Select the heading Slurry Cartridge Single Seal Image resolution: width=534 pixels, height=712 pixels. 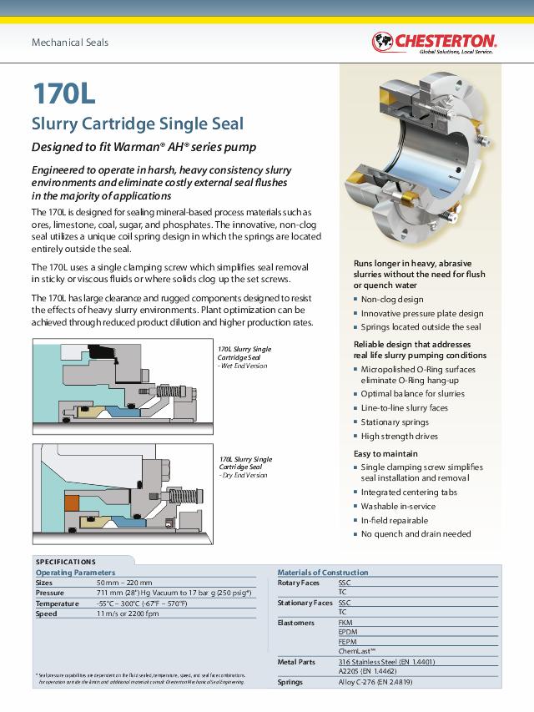pyautogui.click(x=138, y=124)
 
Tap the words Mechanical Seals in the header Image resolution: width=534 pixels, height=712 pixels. pyautogui.click(x=70, y=43)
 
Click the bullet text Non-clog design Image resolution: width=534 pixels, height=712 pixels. pyautogui.click(x=392, y=299)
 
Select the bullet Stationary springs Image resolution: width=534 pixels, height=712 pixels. pyautogui.click(x=395, y=422)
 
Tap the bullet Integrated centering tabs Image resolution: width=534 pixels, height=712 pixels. pyautogui.click(x=409, y=492)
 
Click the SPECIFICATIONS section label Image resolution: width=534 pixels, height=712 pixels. pyautogui.click(x=65, y=562)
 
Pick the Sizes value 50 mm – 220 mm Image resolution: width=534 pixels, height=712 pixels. pyautogui.click(x=124, y=583)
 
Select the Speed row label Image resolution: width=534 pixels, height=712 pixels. pyautogui.click(x=46, y=614)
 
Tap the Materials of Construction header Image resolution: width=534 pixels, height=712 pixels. pyautogui.click(x=322, y=573)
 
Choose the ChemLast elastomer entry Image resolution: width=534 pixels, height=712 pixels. pyautogui.click(x=357, y=651)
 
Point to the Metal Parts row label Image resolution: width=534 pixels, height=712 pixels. pyautogui.click(x=296, y=661)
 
